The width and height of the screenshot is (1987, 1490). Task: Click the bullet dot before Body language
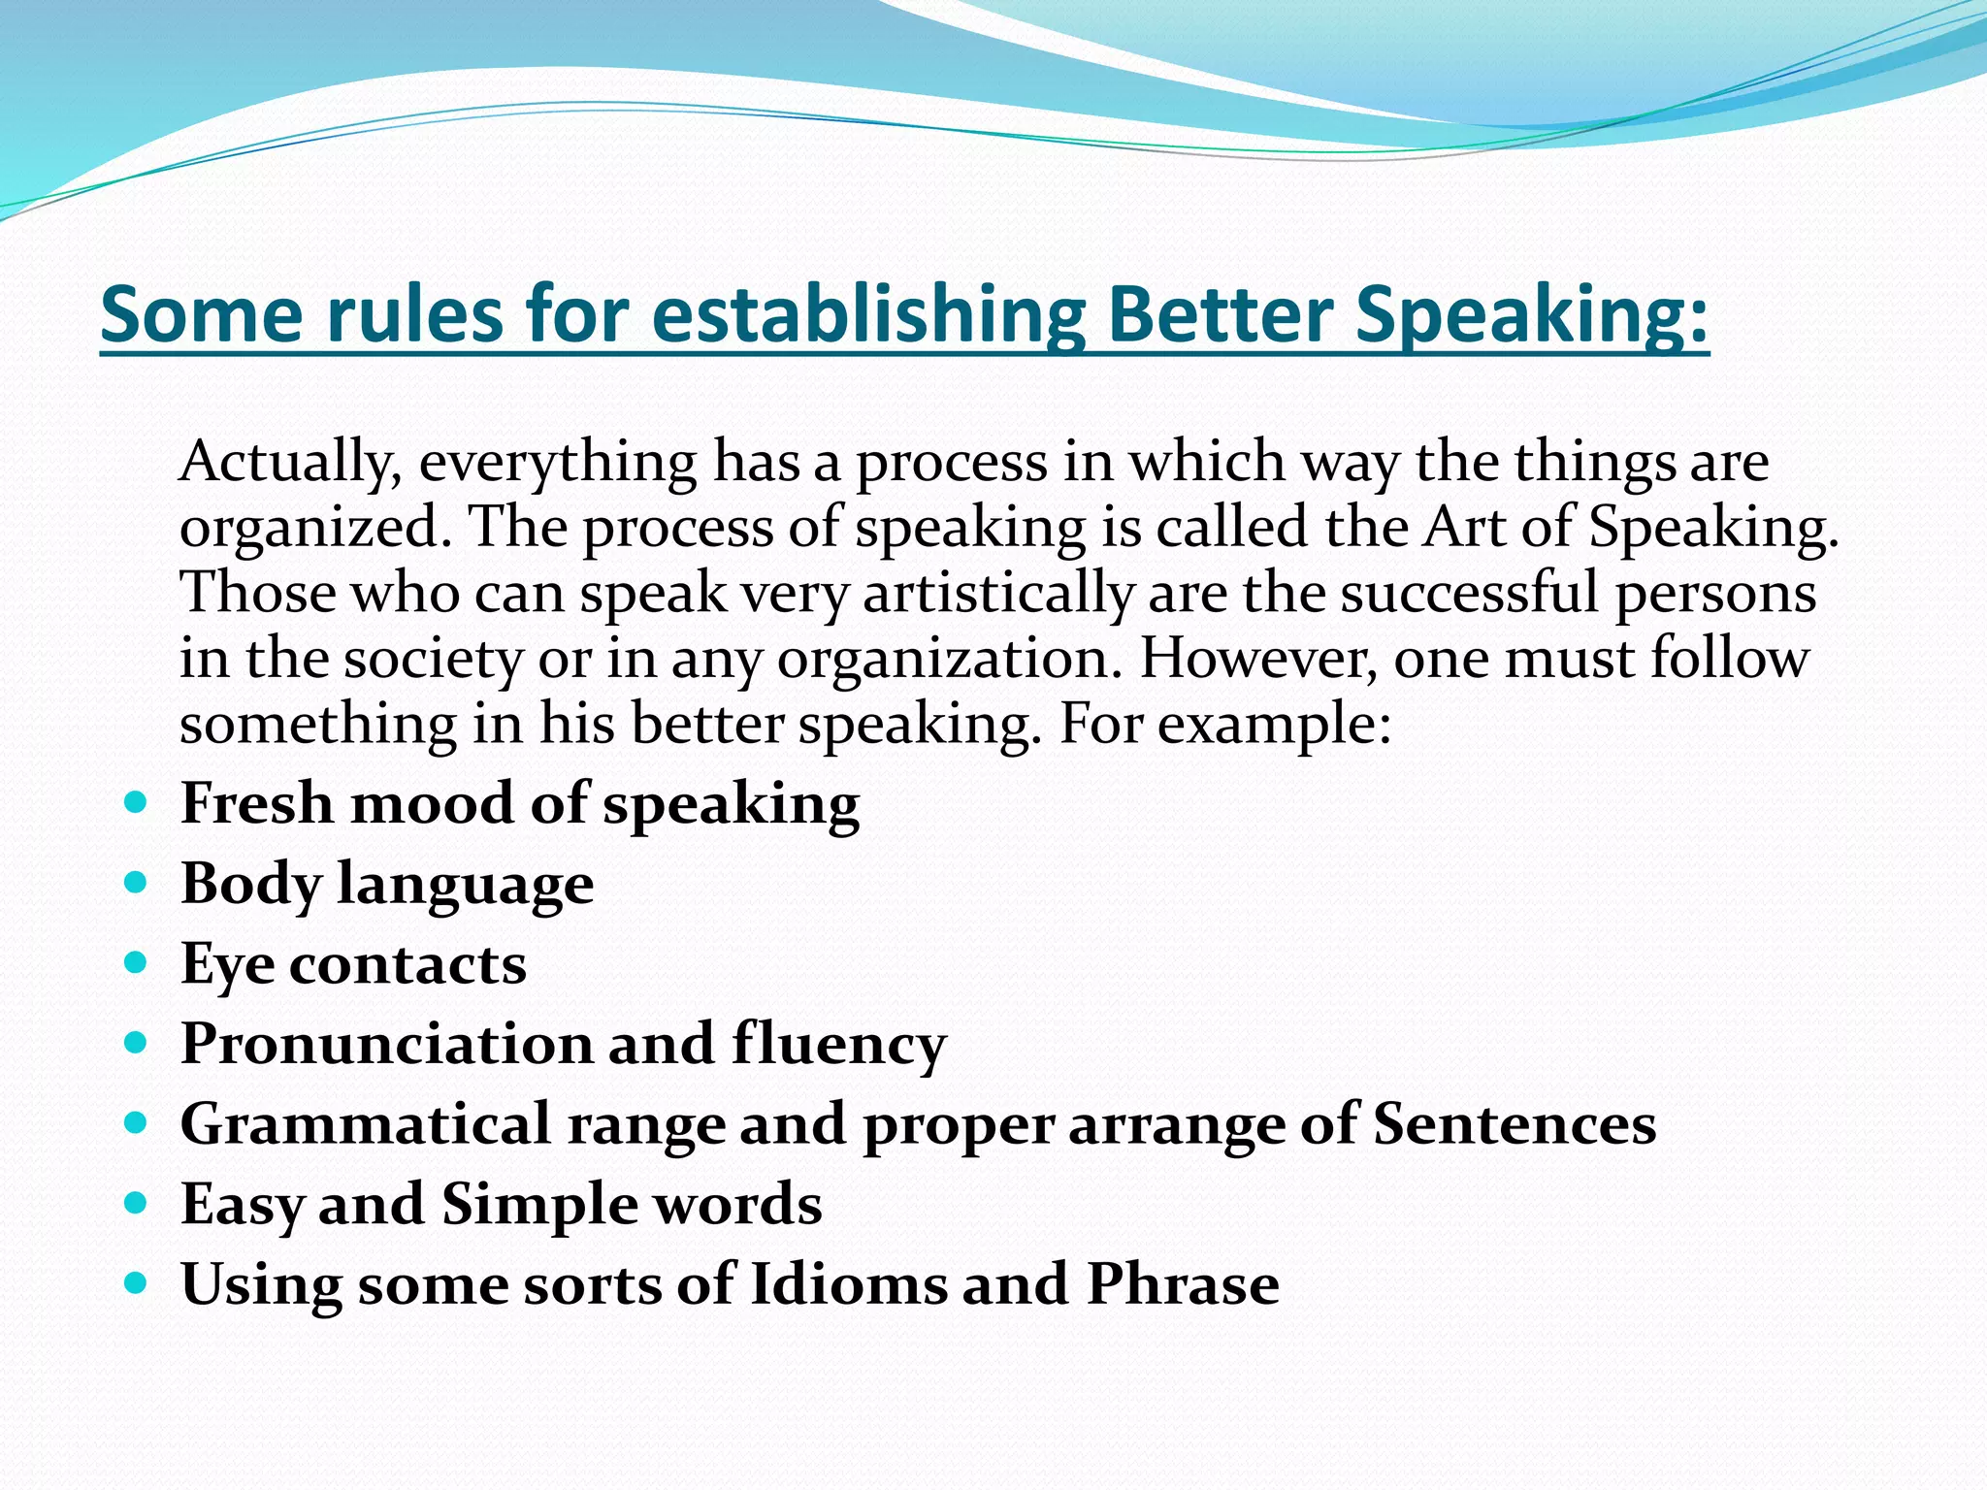click(x=137, y=883)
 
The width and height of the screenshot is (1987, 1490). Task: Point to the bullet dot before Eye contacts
click(x=137, y=963)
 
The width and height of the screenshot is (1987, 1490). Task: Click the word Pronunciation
click(x=386, y=1044)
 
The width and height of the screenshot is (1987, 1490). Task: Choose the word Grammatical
click(x=365, y=1125)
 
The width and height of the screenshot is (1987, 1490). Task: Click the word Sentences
click(x=1514, y=1124)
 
